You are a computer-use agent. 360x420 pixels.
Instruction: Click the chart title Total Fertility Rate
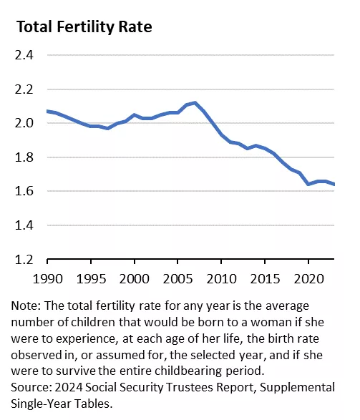[84, 27]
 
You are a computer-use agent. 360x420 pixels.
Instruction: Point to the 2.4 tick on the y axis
[24, 55]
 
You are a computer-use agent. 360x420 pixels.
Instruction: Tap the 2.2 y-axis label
[24, 89]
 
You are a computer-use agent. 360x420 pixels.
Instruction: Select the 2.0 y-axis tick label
[24, 123]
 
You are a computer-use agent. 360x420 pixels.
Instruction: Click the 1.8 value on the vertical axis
[24, 157]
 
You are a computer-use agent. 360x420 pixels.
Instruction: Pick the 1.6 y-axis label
[24, 191]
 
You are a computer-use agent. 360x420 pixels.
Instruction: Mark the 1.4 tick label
[24, 225]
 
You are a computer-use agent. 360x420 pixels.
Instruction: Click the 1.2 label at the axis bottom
[24, 259]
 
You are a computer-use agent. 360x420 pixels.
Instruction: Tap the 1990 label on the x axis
[48, 279]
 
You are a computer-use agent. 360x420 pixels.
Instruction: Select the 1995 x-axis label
[91, 279]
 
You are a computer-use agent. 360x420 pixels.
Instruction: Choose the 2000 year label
[135, 279]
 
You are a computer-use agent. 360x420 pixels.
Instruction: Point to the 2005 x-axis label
[178, 279]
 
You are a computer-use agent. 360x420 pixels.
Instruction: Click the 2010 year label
[222, 279]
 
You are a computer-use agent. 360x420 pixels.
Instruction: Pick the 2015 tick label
[265, 279]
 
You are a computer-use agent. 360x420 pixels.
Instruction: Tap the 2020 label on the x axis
[308, 279]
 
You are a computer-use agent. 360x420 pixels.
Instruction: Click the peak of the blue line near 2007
[195, 103]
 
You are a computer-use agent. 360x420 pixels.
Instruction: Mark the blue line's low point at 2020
[308, 184]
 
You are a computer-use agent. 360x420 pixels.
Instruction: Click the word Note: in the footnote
[26, 306]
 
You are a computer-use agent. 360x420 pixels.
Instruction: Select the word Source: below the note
[31, 387]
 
